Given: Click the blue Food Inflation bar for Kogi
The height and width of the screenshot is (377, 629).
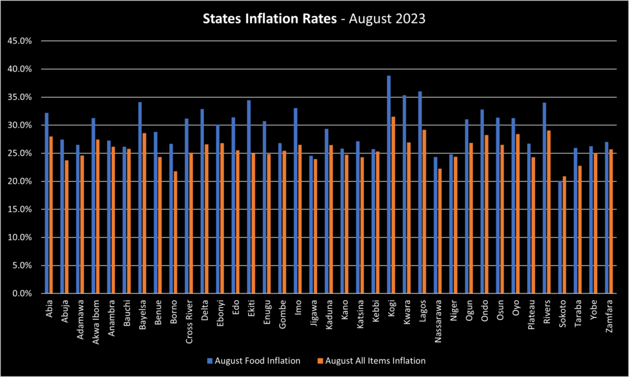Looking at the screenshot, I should [389, 184].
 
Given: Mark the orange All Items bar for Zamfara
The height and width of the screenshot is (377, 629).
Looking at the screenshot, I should [611, 222].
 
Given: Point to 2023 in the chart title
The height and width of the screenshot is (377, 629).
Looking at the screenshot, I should [410, 20].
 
